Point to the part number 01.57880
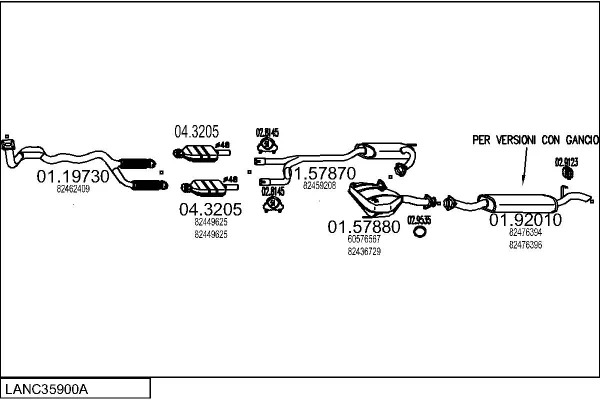pyautogui.click(x=364, y=227)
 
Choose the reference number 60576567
pyautogui.click(x=364, y=240)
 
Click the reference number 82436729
pyautogui.click(x=364, y=251)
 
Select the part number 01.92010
pyautogui.click(x=525, y=220)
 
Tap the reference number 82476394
pyautogui.click(x=525, y=233)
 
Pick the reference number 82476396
pyautogui.click(x=525, y=244)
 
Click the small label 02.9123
pyautogui.click(x=567, y=162)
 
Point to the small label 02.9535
pyautogui.click(x=419, y=220)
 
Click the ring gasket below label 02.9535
pyautogui.click(x=419, y=235)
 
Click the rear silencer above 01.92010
pyautogui.click(x=520, y=200)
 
